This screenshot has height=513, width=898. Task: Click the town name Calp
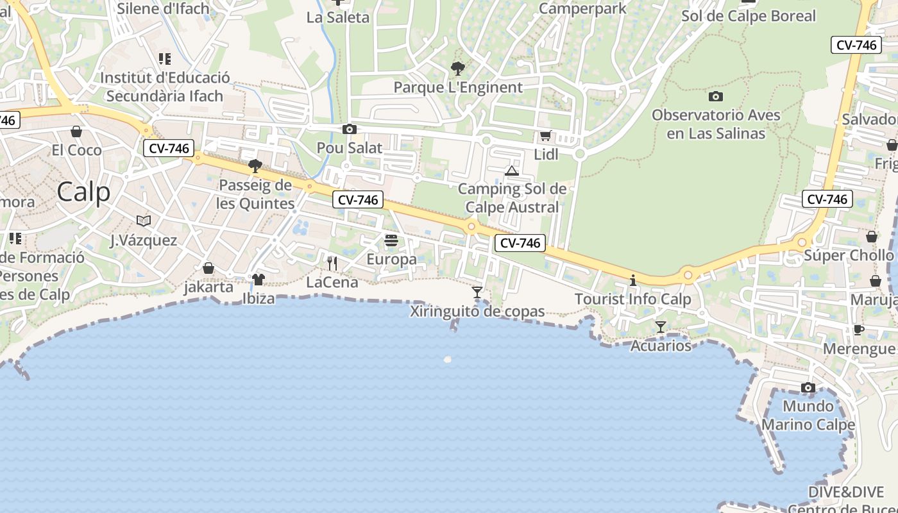[x=83, y=191]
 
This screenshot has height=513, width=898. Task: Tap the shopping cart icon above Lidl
[x=546, y=135]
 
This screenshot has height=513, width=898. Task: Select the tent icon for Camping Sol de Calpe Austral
[x=511, y=171]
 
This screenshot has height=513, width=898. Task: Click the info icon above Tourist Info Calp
[x=633, y=280]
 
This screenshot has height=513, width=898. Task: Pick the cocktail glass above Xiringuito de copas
[x=477, y=292]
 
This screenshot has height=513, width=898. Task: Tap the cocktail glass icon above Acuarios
[x=661, y=327]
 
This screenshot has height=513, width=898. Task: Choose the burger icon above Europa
[x=391, y=240]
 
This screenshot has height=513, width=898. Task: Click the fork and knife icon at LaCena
[x=332, y=264]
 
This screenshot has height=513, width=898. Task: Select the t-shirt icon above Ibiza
[x=258, y=280]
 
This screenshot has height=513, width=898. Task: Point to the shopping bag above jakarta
[x=208, y=268]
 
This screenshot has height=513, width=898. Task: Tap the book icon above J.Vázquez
[x=144, y=221]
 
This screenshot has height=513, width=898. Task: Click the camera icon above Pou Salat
[x=350, y=130]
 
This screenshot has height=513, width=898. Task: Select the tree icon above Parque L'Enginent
[x=458, y=69]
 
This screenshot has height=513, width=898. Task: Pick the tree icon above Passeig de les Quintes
[x=255, y=167]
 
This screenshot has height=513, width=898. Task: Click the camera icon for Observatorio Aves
[x=716, y=97]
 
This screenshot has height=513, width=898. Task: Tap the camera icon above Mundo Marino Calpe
[x=808, y=388]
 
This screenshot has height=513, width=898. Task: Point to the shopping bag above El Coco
[x=76, y=131]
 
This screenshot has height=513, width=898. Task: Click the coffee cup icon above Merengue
[x=859, y=330]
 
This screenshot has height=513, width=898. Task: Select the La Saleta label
[x=338, y=17]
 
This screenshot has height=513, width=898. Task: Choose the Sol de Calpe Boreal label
[x=749, y=16]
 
